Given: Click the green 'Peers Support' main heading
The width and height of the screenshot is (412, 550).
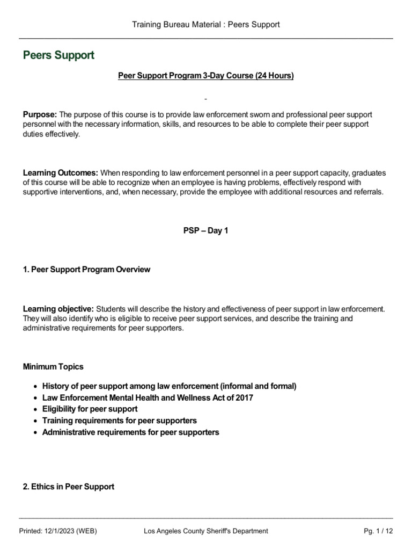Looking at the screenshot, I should [58, 55].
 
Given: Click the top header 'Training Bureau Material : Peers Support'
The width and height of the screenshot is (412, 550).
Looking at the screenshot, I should [206, 25].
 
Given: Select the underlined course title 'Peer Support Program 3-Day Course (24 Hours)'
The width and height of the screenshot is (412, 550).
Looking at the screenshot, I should [206, 76].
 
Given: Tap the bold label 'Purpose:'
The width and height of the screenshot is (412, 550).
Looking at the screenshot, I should [40, 115].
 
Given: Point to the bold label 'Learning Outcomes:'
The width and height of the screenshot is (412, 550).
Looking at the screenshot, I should [60, 173].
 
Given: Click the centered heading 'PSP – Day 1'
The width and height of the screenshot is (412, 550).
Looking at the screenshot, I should [206, 231].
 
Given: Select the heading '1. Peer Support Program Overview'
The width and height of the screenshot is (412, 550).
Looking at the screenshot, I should [86, 270].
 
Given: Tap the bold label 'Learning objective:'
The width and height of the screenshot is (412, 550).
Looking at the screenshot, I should [58, 309].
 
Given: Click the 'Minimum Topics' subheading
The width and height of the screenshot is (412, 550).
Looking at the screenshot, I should [53, 367].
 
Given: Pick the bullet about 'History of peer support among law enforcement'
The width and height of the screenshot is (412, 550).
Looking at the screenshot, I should [169, 386].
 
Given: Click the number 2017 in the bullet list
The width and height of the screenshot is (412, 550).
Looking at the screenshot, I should [245, 398].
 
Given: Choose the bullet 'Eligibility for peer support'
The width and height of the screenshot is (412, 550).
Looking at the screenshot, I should [90, 409].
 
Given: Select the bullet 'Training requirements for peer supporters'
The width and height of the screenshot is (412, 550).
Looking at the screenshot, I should [119, 421].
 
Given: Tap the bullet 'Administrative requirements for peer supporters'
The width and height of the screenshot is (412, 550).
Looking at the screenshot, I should [130, 432].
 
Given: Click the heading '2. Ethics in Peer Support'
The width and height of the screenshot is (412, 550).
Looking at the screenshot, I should [69, 487].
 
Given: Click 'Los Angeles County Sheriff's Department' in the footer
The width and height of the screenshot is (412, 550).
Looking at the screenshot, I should [206, 531].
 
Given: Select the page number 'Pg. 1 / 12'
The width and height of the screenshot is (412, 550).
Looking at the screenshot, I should [378, 531].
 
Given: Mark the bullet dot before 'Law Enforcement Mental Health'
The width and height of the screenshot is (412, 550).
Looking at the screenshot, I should [35, 398].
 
